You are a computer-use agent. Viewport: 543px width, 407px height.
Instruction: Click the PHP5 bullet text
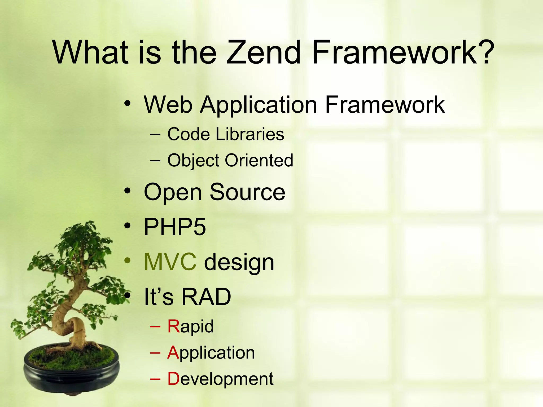[x=175, y=227]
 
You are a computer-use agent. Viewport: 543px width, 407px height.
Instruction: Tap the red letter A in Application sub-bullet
[x=173, y=353]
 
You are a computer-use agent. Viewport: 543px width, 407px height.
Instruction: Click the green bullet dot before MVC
[x=128, y=261]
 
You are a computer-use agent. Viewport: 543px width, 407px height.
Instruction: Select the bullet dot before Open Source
[x=128, y=191]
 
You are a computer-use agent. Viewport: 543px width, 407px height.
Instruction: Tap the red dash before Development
[x=155, y=379]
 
